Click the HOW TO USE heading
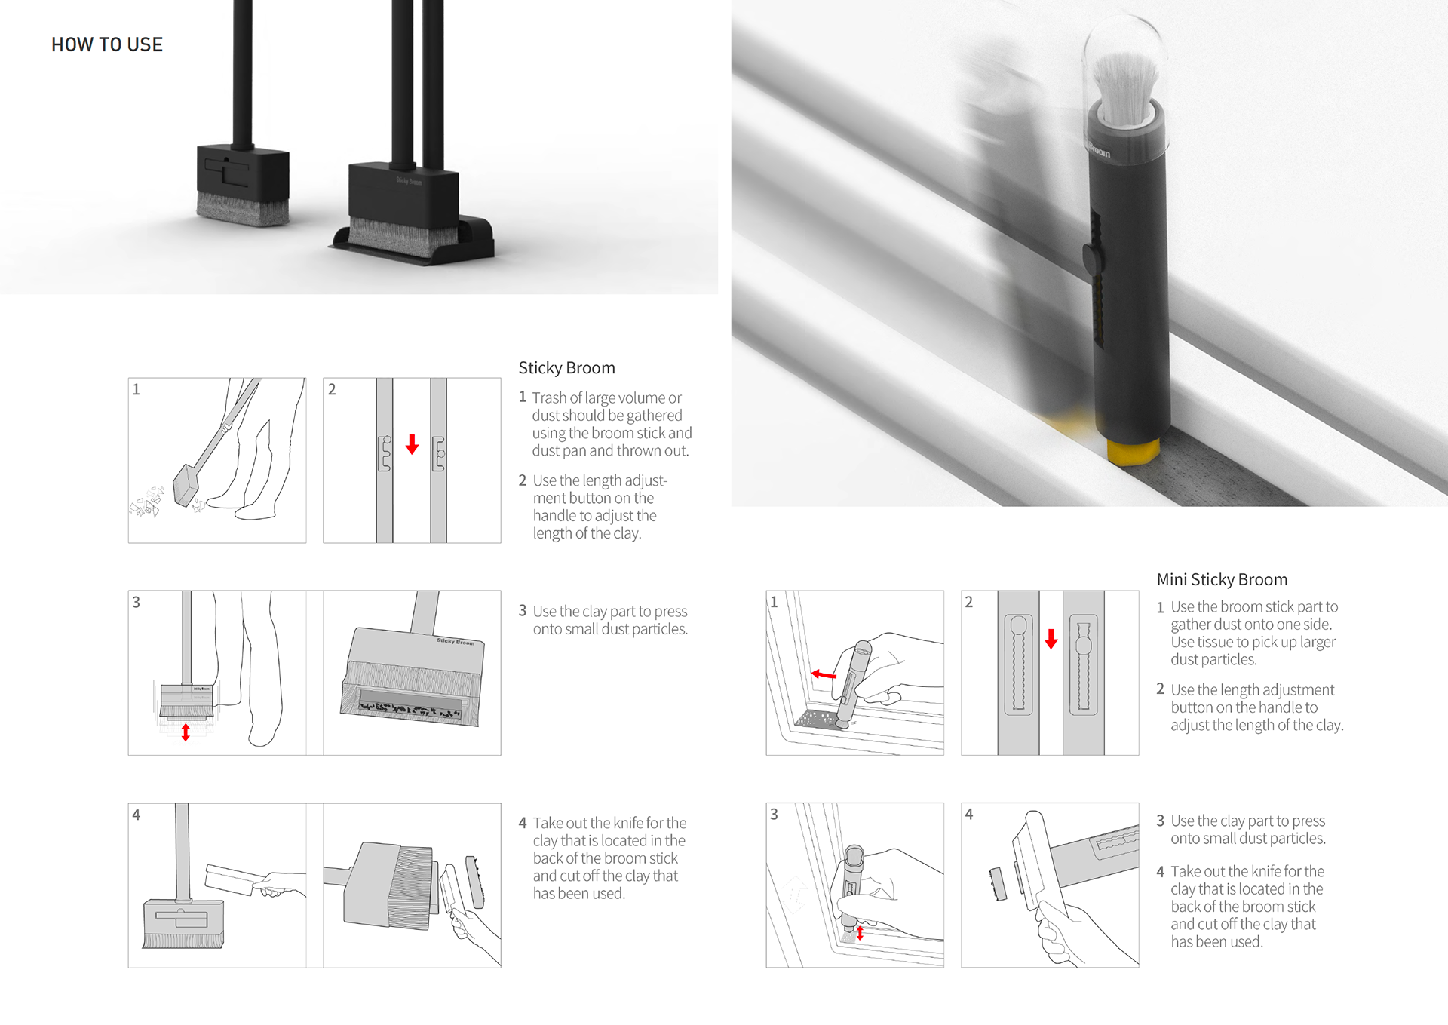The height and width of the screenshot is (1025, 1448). (x=107, y=44)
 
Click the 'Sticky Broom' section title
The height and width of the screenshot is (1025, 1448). (x=566, y=367)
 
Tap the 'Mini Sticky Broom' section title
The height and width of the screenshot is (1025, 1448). (x=1222, y=579)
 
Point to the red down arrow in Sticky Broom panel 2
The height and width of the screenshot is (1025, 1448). (x=412, y=443)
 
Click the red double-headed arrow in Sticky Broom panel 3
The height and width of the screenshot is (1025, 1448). (x=186, y=732)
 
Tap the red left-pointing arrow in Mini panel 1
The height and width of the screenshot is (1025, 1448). (x=824, y=674)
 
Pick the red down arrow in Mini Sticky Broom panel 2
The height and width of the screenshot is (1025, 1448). (x=1051, y=639)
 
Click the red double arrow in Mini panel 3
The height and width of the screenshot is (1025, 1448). (x=860, y=933)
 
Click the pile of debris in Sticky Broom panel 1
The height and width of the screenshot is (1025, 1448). (x=147, y=502)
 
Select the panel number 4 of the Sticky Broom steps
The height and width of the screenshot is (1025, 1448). (x=137, y=815)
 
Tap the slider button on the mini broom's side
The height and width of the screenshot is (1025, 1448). (x=1090, y=259)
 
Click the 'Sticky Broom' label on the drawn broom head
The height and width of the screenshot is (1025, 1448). (x=456, y=641)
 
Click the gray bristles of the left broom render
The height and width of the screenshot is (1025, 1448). (x=243, y=209)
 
